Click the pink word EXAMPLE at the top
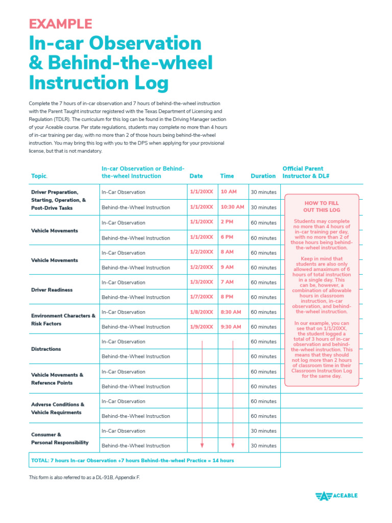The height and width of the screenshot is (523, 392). click(60, 23)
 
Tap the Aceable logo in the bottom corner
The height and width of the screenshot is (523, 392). click(336, 495)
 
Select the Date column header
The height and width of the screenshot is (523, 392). click(196, 176)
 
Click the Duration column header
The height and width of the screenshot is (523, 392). click(263, 176)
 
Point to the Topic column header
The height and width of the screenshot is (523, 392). click(39, 176)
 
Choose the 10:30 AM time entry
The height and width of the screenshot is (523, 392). click(232, 207)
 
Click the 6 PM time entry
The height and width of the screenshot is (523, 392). click(227, 237)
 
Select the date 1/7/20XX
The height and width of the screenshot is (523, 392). click(201, 297)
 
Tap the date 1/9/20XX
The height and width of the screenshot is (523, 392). click(201, 326)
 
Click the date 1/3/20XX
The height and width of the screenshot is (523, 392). click(201, 282)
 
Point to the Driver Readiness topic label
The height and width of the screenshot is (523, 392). click(52, 290)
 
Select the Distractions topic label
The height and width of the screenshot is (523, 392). click(46, 349)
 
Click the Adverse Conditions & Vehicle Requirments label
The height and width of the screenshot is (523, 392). click(58, 408)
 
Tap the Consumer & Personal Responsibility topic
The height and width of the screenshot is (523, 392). click(60, 438)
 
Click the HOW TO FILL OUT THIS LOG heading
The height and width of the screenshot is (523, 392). click(322, 206)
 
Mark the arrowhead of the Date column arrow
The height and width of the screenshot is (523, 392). click(203, 444)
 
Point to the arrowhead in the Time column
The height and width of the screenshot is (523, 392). click(233, 444)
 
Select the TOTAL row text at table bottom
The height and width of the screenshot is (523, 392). click(133, 460)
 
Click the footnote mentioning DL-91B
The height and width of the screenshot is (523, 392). click(84, 477)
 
